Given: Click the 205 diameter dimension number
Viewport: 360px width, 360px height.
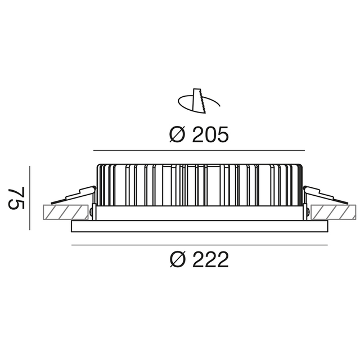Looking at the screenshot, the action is [210, 134].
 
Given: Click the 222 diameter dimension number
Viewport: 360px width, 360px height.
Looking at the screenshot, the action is [210, 259].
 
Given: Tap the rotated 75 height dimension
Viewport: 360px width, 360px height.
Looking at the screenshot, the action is [16, 198].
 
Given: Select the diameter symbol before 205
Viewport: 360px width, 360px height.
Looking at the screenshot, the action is [177, 134].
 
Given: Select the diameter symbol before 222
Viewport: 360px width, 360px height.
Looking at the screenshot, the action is [177, 259].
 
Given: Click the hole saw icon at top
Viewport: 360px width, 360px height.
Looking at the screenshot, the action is [199, 101].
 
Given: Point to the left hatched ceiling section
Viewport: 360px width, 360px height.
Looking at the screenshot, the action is [66, 212].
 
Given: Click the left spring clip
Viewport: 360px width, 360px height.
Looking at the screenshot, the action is [73, 195].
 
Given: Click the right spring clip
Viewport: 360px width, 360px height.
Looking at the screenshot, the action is [326, 195].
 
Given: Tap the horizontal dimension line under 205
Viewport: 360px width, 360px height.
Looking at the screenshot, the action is [199, 151].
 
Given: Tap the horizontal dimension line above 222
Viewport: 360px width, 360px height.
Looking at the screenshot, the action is [200, 245].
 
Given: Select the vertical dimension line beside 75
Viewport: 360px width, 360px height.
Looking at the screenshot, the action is [30, 198].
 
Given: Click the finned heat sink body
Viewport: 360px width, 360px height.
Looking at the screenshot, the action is [199, 185].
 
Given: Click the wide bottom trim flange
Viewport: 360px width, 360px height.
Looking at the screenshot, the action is [200, 226].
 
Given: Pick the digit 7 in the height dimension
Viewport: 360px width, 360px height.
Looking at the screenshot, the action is [16, 192].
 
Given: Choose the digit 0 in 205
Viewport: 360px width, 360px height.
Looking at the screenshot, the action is [210, 134].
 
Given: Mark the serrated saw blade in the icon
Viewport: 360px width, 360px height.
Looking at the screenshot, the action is [199, 101].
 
